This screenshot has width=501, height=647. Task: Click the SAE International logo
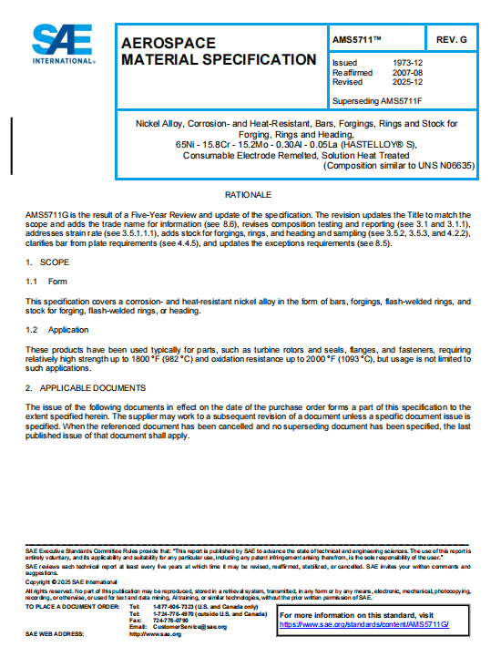(63, 44)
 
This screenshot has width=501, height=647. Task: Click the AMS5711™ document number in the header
(356, 41)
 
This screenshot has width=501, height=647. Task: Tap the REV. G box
(451, 41)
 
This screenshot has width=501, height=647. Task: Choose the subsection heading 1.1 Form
(46, 282)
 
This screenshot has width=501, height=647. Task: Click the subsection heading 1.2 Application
(56, 329)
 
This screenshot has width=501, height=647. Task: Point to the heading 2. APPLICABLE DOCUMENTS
(87, 388)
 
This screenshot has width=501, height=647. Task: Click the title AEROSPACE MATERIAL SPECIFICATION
(219, 52)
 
